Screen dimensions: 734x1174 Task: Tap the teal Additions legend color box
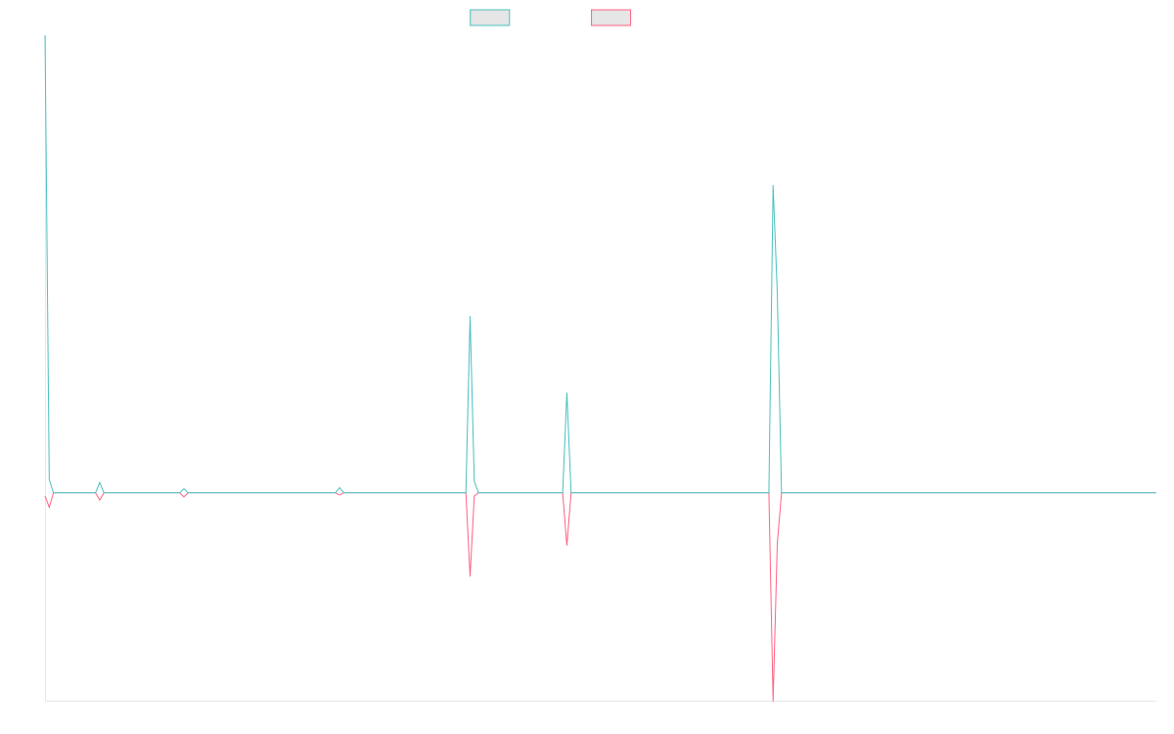490,18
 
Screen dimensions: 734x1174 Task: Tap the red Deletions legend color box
610,18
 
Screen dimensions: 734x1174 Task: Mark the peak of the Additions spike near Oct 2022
470,317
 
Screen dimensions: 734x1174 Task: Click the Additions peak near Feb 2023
566,393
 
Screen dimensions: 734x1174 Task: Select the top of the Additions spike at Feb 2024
773,185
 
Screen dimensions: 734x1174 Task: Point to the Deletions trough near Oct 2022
470,575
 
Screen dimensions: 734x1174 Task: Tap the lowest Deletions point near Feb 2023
566,545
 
